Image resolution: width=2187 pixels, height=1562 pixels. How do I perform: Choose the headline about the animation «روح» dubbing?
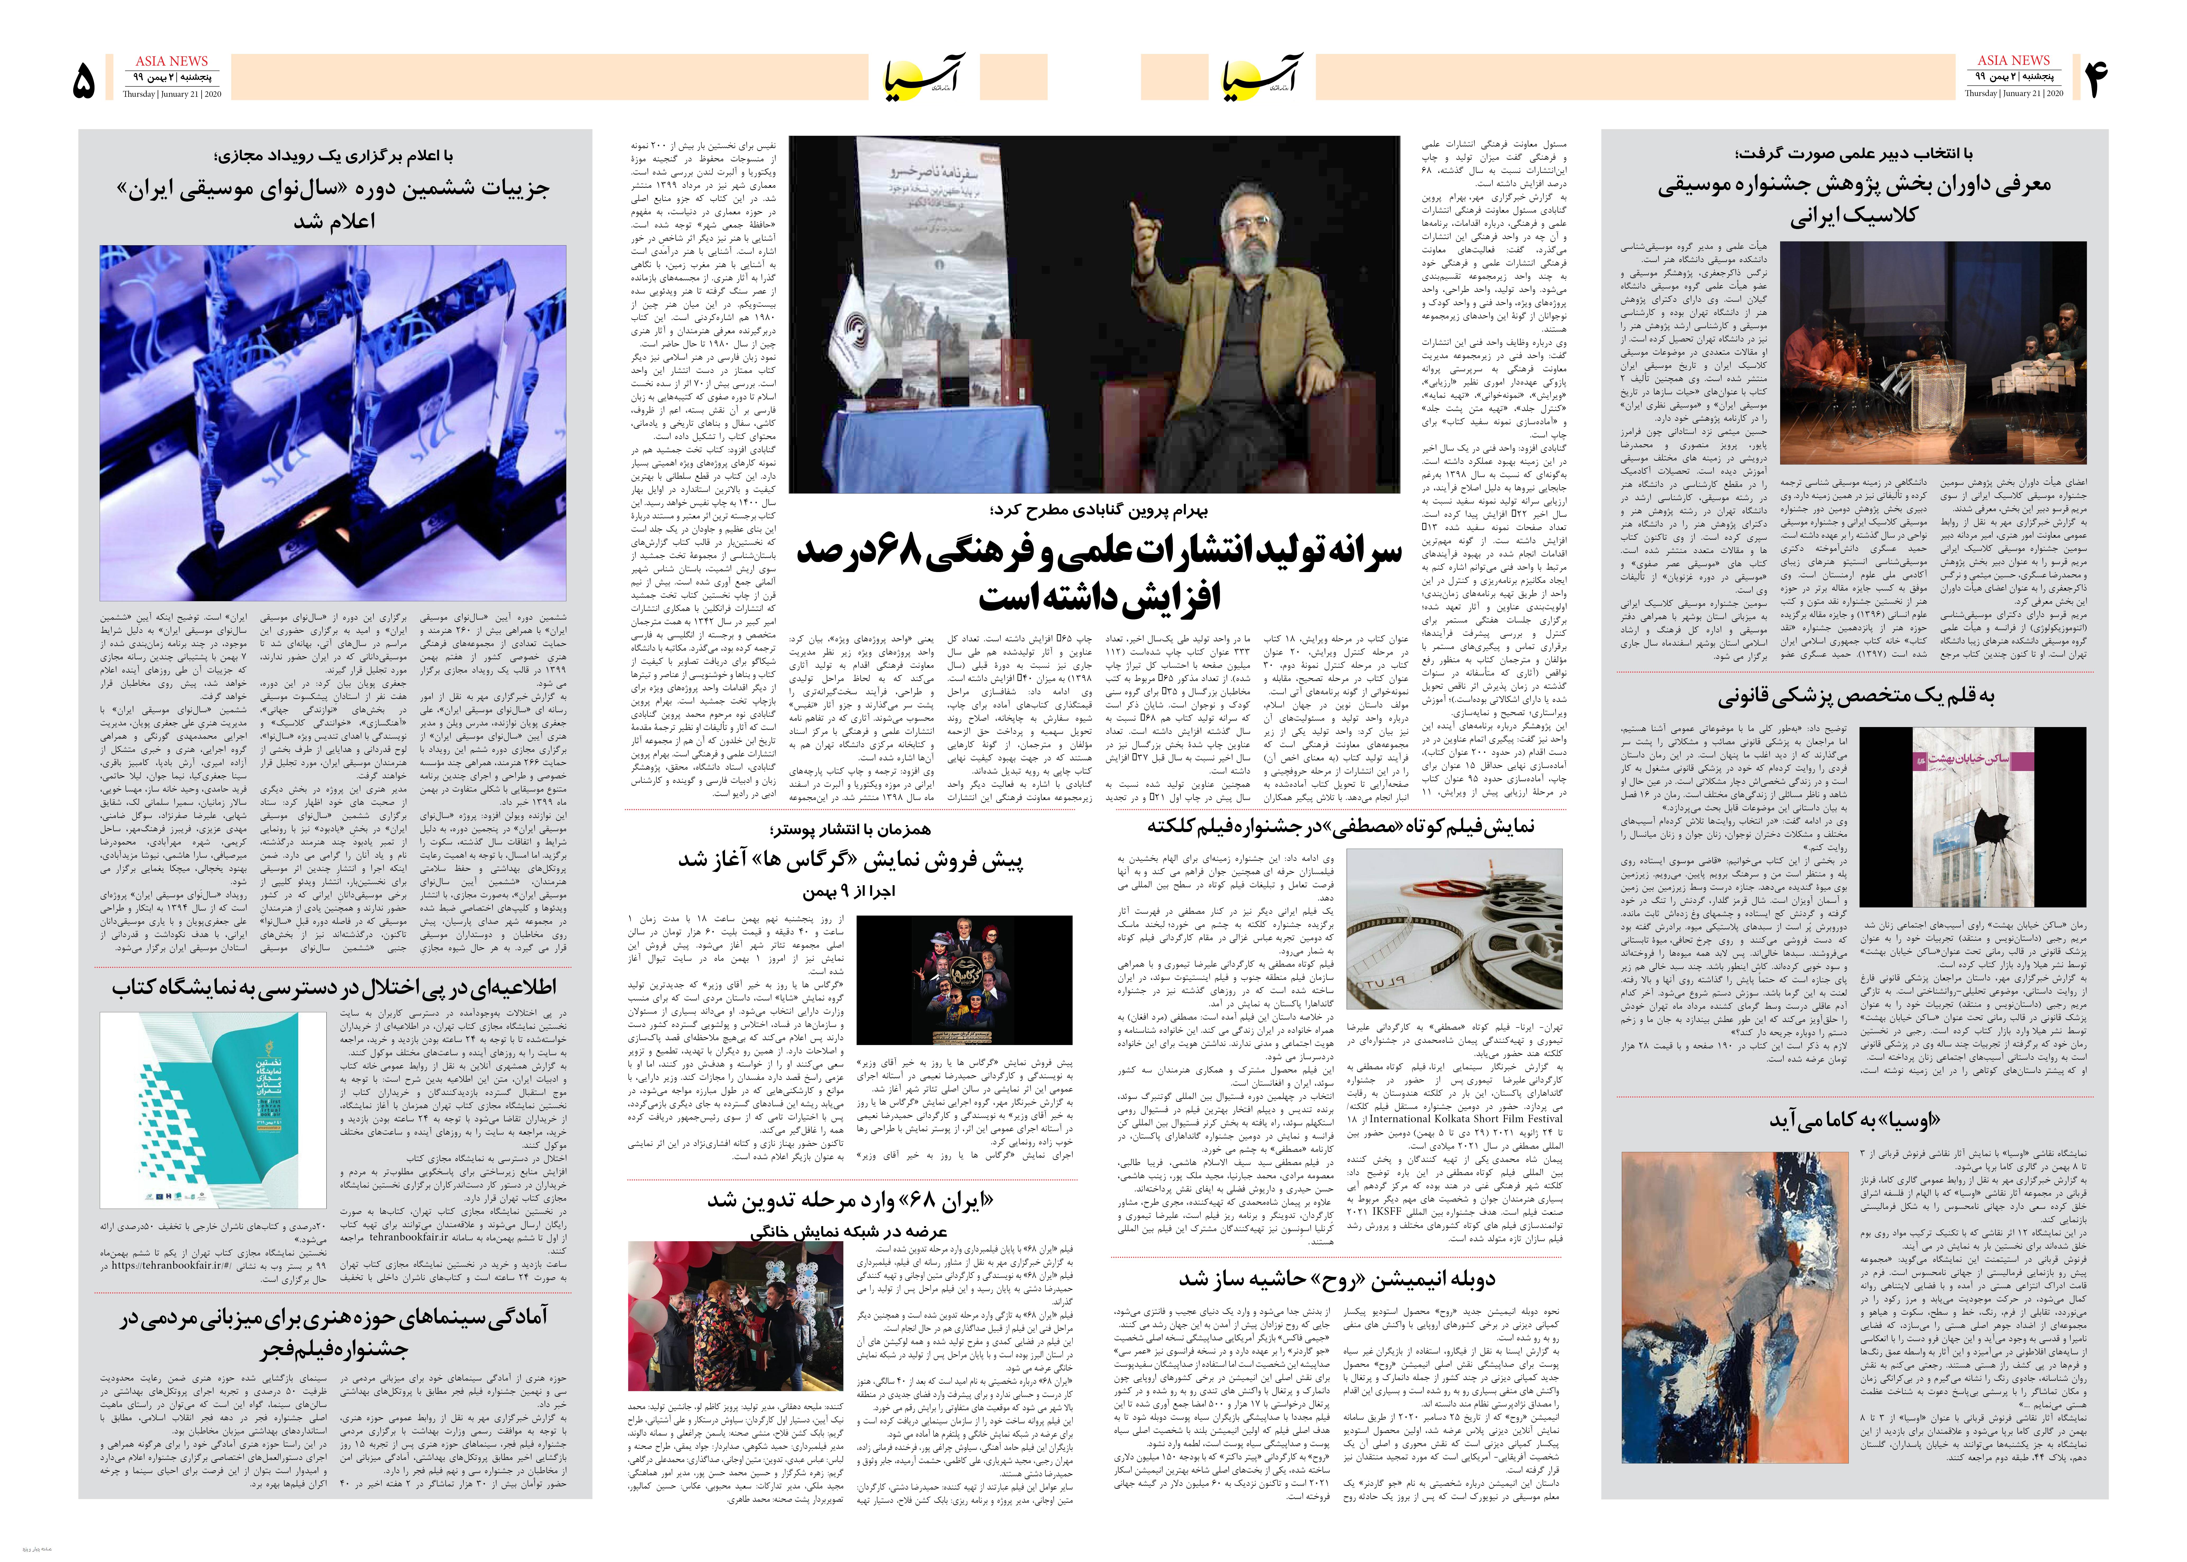pos(1337,1278)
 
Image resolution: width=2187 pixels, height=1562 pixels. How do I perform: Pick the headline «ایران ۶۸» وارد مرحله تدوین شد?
pos(850,1200)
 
